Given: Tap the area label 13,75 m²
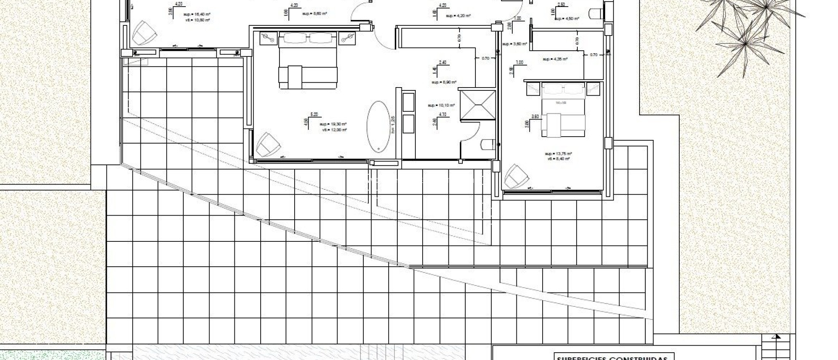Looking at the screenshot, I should click(x=558, y=153).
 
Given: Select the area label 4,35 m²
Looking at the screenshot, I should click(x=555, y=59).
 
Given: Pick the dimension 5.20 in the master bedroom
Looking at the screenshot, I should click(x=314, y=114).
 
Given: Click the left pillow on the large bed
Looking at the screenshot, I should click(x=293, y=38).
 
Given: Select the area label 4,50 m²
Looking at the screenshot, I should click(x=569, y=18).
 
